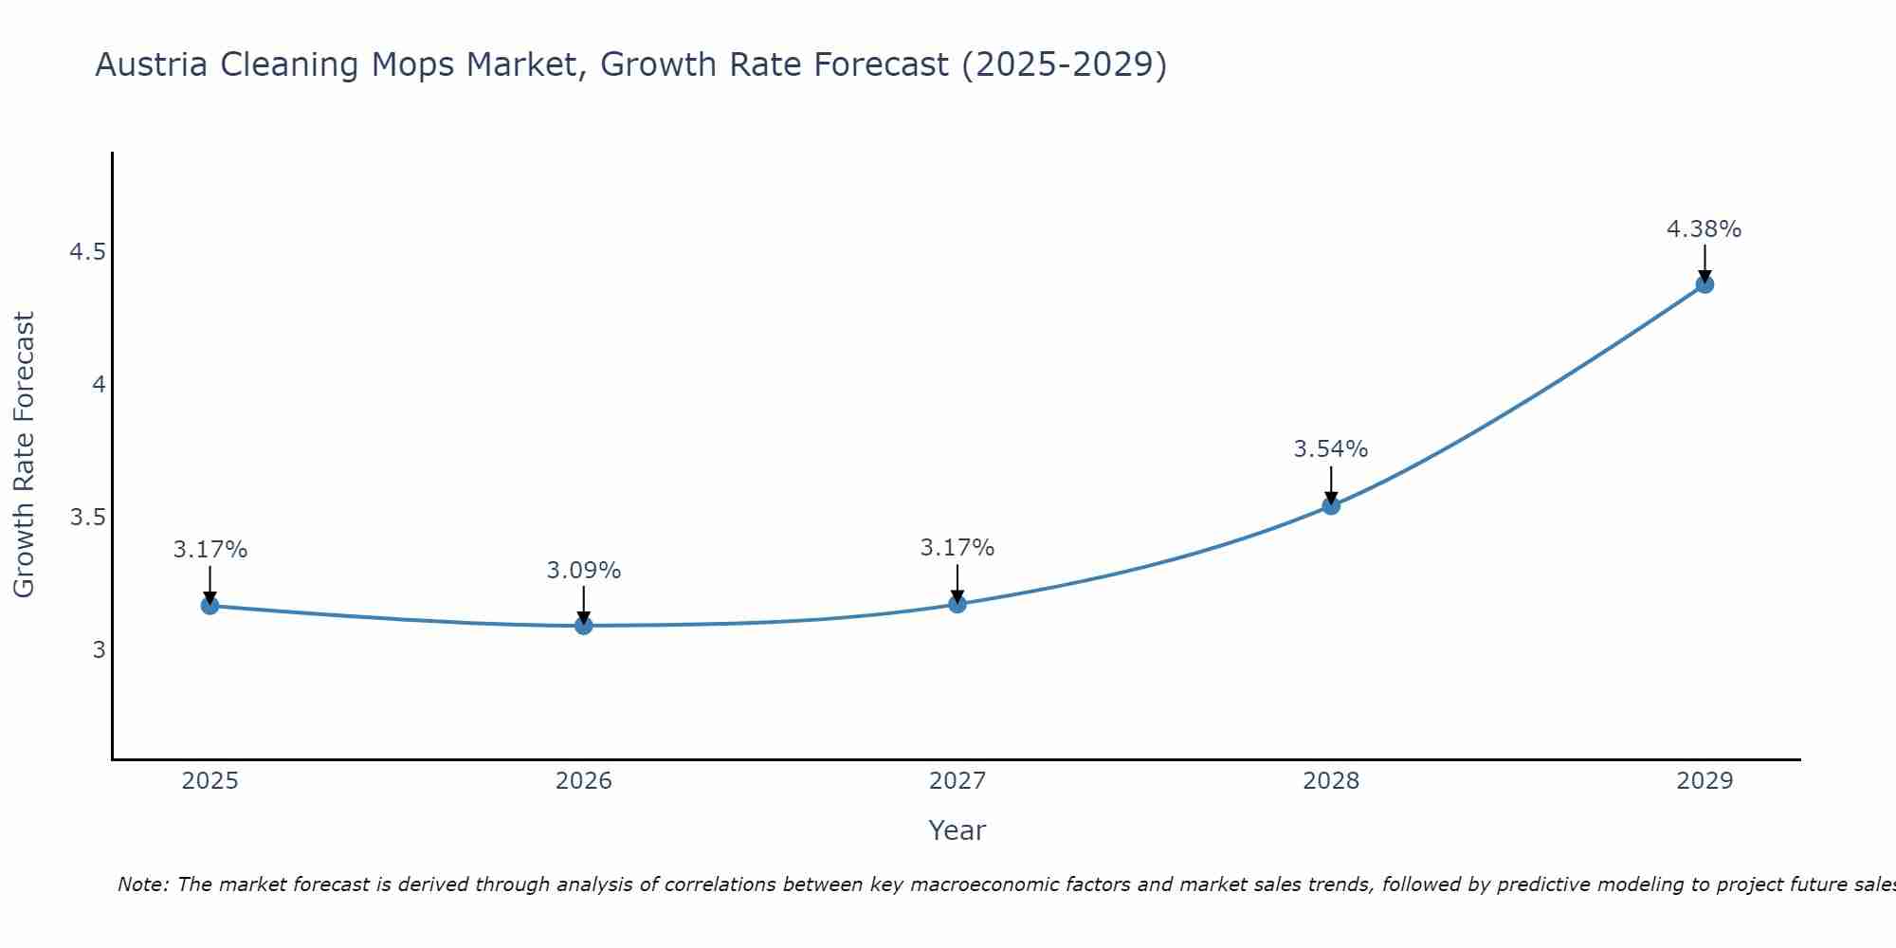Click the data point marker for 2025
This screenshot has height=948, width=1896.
210,606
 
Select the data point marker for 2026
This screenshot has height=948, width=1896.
584,626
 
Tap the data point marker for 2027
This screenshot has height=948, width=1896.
957,604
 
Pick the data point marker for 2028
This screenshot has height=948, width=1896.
1331,505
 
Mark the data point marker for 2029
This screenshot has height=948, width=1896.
1705,284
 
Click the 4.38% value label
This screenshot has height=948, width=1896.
1704,229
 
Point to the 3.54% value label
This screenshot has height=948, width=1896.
1331,449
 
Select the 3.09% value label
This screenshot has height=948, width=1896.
584,571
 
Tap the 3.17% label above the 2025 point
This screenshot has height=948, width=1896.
210,550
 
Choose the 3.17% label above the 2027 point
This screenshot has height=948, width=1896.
957,548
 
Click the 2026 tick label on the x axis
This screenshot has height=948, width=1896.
584,781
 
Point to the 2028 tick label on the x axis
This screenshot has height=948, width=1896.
1331,781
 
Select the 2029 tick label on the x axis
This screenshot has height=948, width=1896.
1705,781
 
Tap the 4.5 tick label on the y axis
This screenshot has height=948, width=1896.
87,252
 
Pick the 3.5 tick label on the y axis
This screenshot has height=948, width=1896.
87,518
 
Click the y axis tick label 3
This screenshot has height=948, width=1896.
99,650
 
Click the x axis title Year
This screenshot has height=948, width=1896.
957,830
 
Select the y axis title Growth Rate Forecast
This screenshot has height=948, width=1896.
25,455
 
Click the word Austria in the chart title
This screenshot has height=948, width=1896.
152,64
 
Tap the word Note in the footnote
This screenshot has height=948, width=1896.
142,884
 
